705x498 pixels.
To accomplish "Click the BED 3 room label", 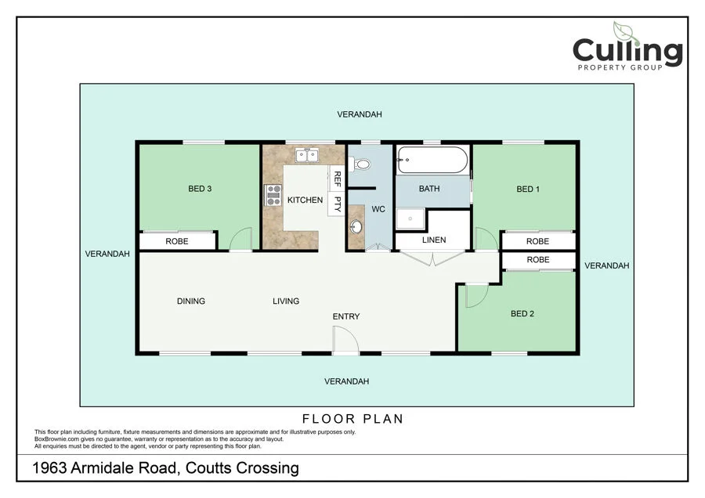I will [x=200, y=189].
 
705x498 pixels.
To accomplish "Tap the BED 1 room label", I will [x=527, y=189].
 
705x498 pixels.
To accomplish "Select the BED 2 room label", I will [x=522, y=314].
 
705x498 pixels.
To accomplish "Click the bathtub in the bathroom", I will [x=432, y=161].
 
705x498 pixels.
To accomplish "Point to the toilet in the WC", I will [x=361, y=164].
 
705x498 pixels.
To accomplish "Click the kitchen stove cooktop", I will [x=273, y=195].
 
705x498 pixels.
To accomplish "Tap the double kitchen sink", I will [x=306, y=155].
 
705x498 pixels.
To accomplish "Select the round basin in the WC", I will [x=356, y=228].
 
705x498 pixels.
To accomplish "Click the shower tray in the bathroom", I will [x=410, y=219].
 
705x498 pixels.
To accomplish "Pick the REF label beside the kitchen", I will [x=338, y=178].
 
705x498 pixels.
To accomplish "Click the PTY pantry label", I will [x=338, y=204].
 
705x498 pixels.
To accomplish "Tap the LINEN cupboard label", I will [x=434, y=240].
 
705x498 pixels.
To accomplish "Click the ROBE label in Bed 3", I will [x=176, y=242].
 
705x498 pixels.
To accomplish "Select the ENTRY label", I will [x=346, y=316].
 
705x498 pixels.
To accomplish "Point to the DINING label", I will [x=190, y=301].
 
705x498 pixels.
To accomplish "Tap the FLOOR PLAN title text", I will [x=352, y=419].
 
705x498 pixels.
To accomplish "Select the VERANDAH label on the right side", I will [x=606, y=266].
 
